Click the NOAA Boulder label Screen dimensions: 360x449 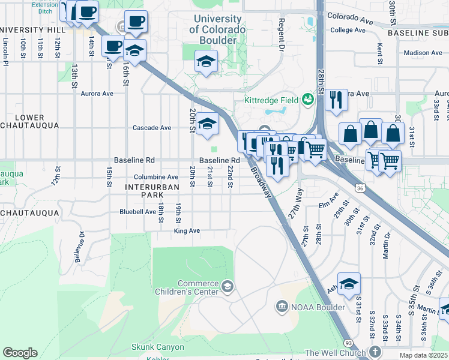318,307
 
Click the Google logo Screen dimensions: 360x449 20,353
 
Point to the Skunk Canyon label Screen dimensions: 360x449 158,347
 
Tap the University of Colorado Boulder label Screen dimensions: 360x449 217,25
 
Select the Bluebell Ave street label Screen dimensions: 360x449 137,211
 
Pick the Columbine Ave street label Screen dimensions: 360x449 156,177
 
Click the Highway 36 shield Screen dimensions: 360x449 360,188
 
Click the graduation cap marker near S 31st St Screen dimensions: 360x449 349,283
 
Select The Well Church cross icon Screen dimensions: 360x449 375,352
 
